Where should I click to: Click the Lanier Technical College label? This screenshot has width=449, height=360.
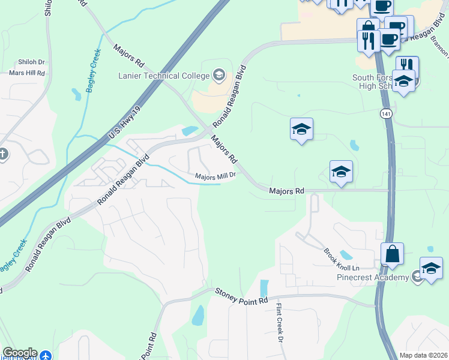(164, 76)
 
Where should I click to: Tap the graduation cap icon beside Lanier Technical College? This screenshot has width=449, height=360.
(219, 76)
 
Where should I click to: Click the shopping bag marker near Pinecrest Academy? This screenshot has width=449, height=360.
(392, 254)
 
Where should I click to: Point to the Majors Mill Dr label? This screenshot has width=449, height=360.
(215, 176)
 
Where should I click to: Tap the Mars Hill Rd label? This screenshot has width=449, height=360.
(27, 73)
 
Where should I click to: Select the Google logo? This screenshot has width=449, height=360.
(20, 353)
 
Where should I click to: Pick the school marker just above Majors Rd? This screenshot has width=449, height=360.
(341, 172)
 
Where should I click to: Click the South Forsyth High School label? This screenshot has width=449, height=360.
(374, 82)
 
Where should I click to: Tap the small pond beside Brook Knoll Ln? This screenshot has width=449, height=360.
(346, 255)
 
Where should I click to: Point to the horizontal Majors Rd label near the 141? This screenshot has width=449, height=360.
(286, 191)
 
